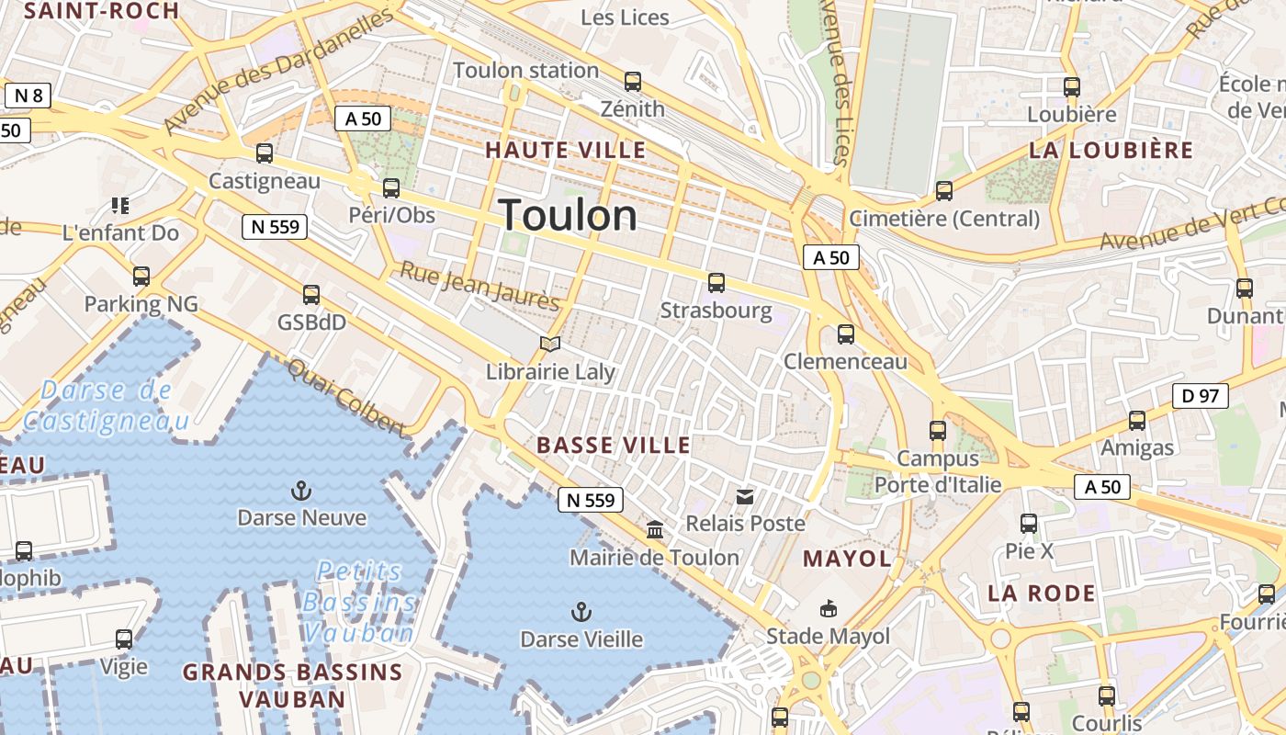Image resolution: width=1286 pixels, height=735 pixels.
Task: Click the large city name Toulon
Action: (x=569, y=216)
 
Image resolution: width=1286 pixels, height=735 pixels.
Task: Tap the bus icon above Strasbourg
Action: (x=716, y=283)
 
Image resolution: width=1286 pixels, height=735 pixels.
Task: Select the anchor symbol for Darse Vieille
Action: (x=581, y=611)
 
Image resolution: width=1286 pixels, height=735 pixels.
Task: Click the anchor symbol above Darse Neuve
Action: (x=300, y=491)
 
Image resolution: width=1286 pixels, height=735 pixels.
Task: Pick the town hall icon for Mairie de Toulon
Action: (x=655, y=530)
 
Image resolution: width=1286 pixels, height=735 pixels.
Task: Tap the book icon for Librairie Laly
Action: (x=550, y=345)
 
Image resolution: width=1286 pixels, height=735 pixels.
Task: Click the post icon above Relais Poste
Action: (x=745, y=497)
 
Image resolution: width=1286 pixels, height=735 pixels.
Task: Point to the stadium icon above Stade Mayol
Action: (x=829, y=608)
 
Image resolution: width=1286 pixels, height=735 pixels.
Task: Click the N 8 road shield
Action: (x=29, y=96)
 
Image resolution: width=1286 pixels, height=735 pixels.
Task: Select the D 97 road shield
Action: (x=1200, y=396)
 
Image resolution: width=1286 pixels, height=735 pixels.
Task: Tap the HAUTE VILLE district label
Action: (x=566, y=150)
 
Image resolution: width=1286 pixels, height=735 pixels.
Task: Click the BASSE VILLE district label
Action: (x=614, y=446)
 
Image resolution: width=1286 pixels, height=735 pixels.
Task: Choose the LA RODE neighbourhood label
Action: (x=1042, y=594)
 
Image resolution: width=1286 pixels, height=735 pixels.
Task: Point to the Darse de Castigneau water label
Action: (x=106, y=405)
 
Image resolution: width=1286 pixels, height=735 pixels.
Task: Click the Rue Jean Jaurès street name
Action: (x=479, y=286)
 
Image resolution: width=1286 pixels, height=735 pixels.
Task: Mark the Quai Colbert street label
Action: (x=346, y=398)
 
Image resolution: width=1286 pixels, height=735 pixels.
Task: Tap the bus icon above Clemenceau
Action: (x=846, y=334)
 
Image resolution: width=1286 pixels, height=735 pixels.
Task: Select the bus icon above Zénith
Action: (x=632, y=82)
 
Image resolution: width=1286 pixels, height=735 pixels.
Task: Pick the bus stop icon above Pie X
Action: (x=1029, y=524)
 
